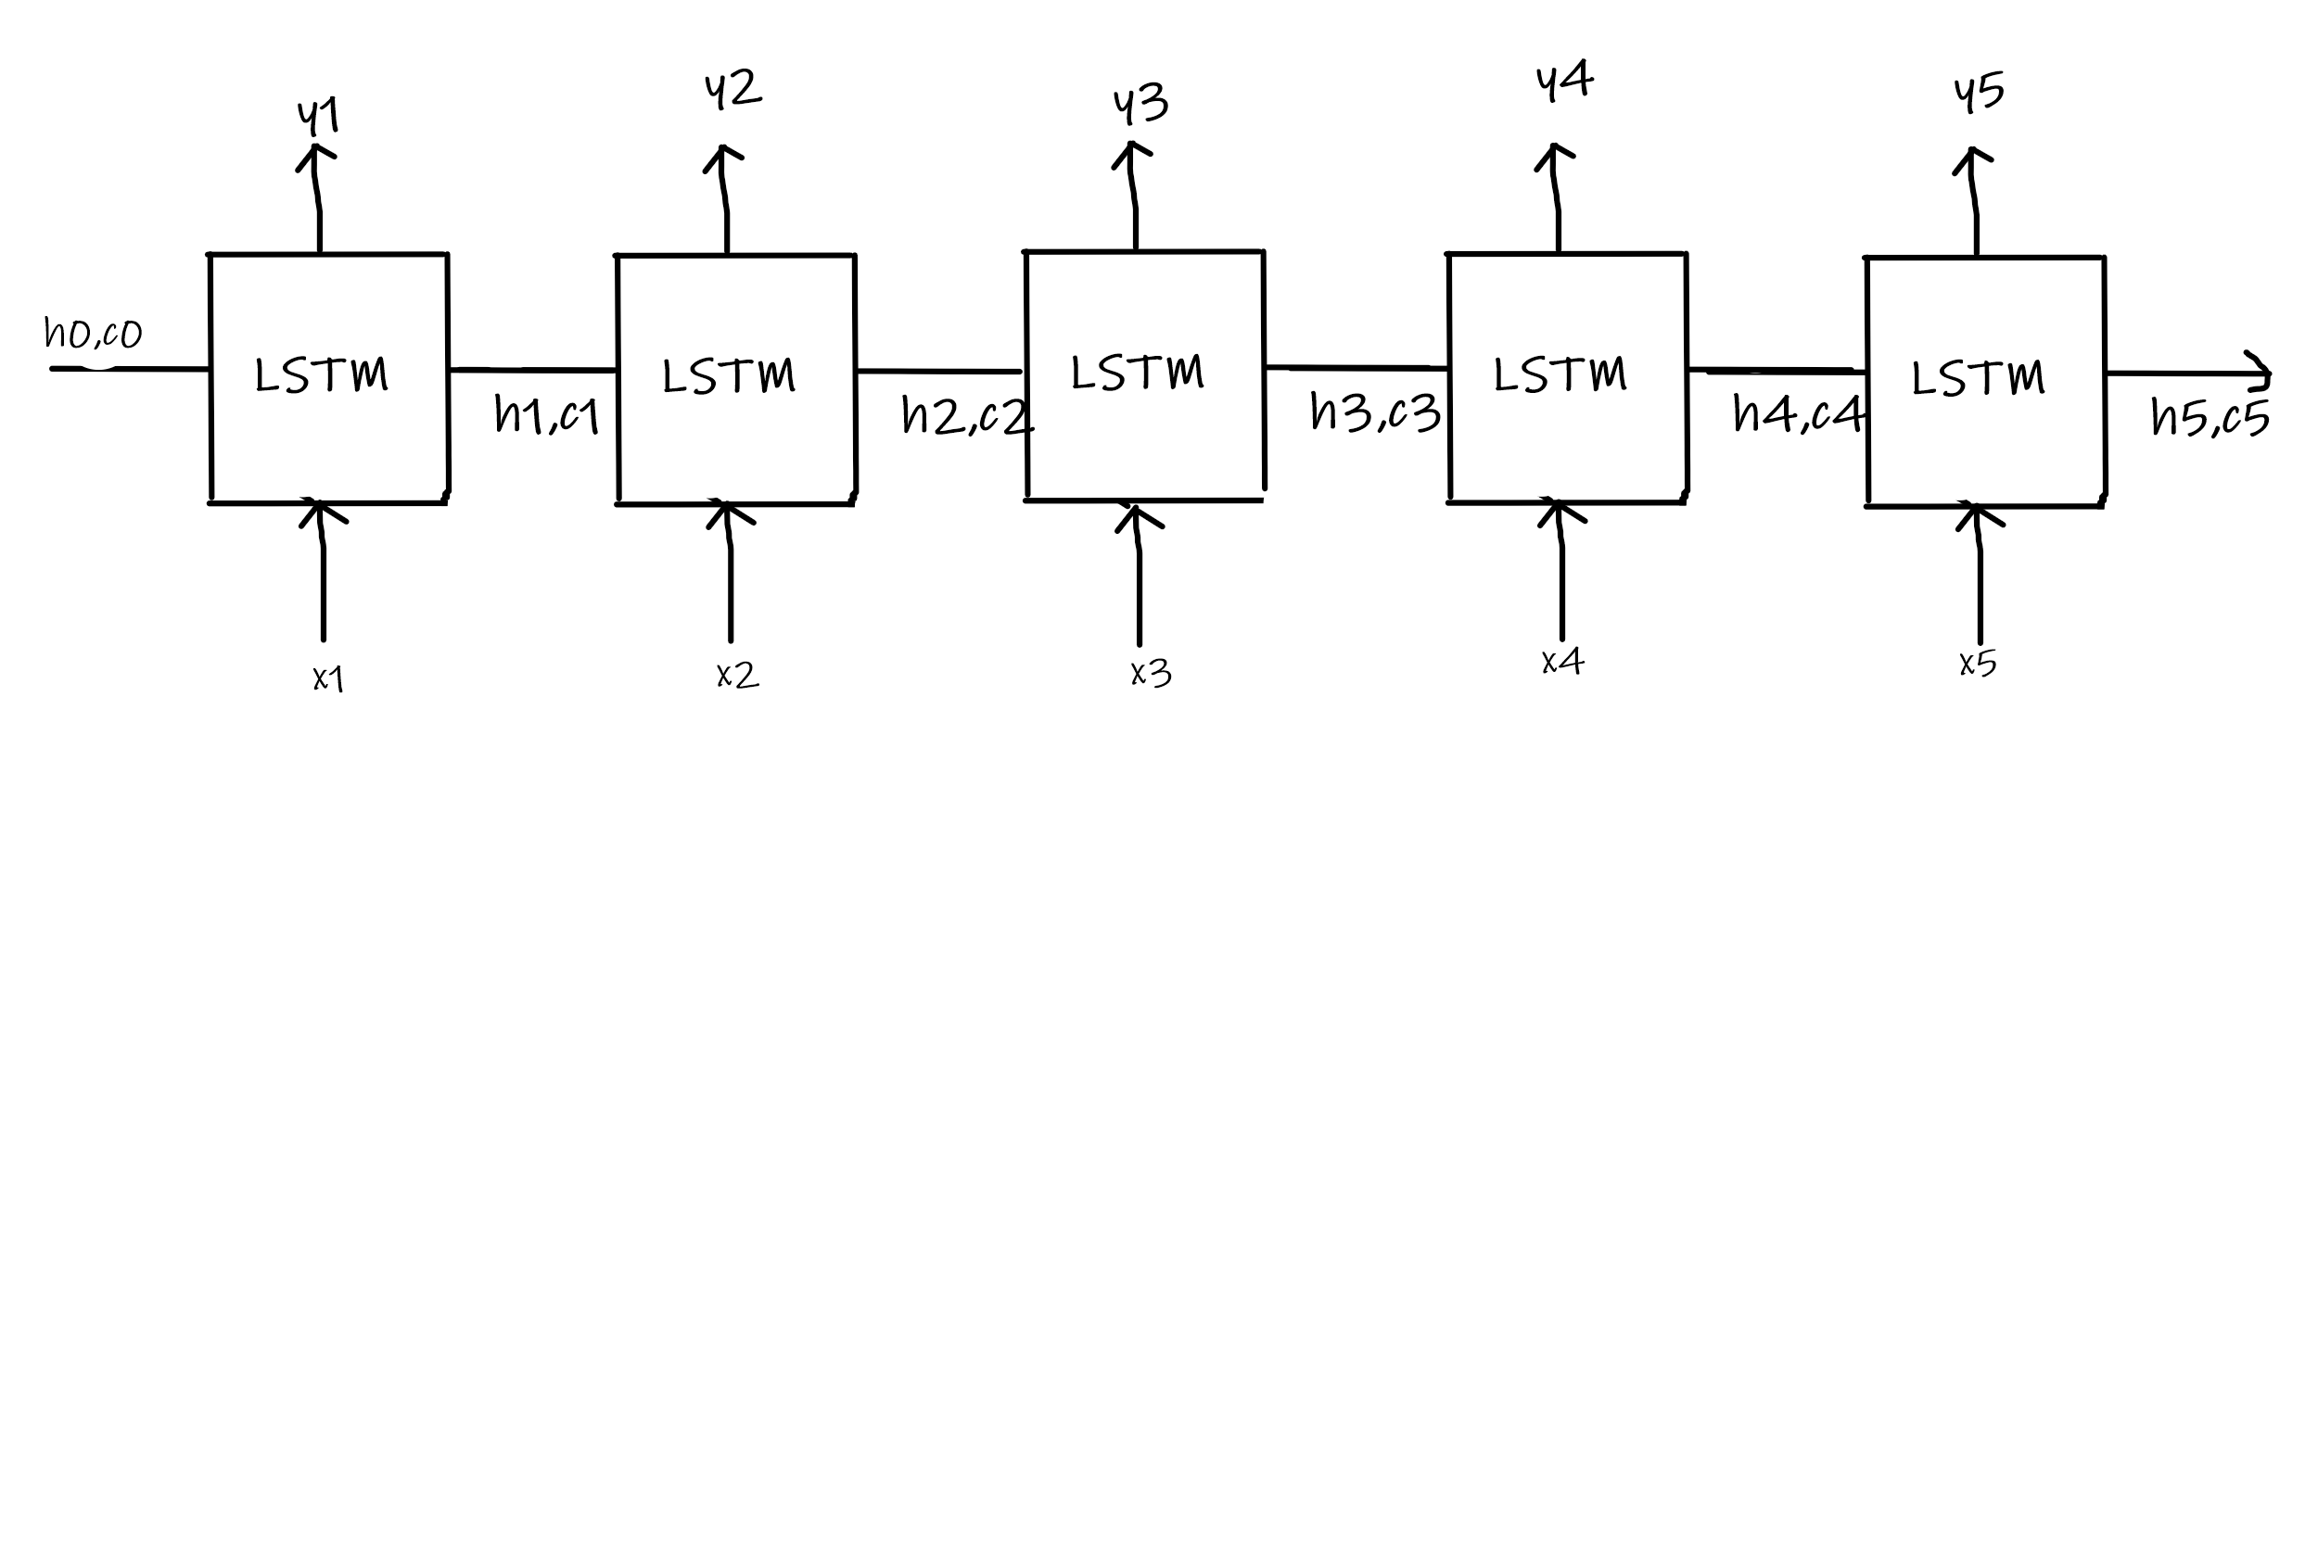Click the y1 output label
(x=318, y=116)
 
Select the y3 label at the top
(x=1140, y=104)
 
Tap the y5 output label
(x=1978, y=92)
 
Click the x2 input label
(x=737, y=675)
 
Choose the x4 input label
(x=1562, y=661)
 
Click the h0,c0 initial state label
(x=94, y=333)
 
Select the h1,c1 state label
(x=547, y=415)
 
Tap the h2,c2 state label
(x=967, y=416)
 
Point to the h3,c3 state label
(x=1375, y=412)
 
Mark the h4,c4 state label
(x=1798, y=414)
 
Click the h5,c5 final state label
(x=2210, y=417)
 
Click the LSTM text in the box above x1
(x=322, y=375)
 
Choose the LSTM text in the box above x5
(x=1978, y=378)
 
